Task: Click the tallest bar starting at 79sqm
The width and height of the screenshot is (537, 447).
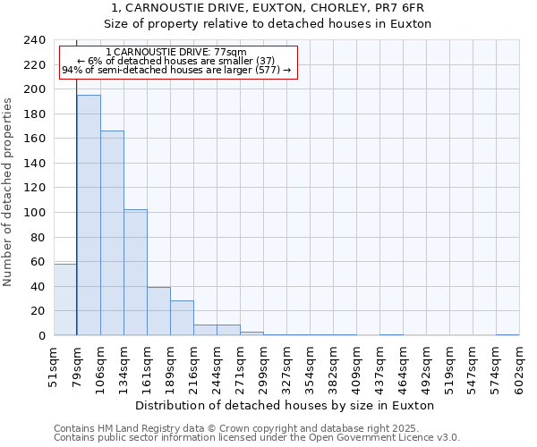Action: pyautogui.click(x=89, y=215)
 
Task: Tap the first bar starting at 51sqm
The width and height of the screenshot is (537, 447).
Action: pyautogui.click(x=65, y=299)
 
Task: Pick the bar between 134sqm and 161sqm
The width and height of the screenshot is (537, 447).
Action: pyautogui.click(x=135, y=272)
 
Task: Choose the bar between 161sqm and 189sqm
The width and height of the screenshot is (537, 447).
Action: pyautogui.click(x=158, y=311)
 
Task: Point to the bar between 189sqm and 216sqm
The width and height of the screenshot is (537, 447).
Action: pyautogui.click(x=182, y=317)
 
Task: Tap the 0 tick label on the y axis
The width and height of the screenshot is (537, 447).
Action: pyautogui.click(x=41, y=336)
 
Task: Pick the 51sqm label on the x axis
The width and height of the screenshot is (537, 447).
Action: pyautogui.click(x=54, y=367)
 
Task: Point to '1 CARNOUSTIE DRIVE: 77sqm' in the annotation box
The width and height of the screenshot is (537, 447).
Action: pyautogui.click(x=175, y=53)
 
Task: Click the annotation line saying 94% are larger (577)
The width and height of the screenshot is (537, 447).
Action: pyautogui.click(x=176, y=71)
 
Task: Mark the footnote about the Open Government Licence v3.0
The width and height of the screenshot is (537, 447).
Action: pyautogui.click(x=257, y=437)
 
